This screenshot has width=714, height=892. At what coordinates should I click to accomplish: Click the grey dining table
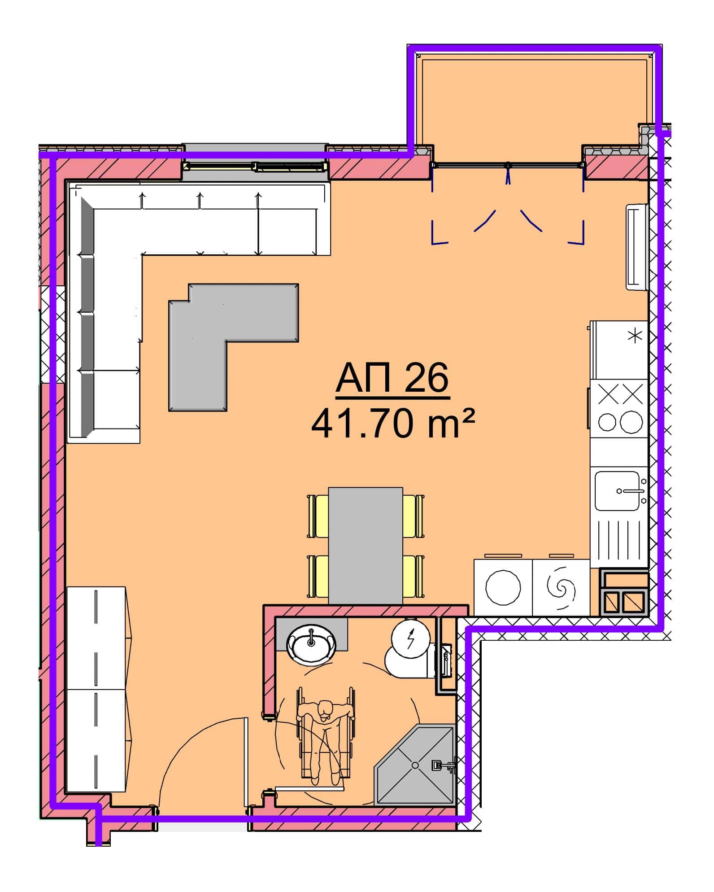366,546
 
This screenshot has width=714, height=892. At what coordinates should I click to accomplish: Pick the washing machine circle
503,587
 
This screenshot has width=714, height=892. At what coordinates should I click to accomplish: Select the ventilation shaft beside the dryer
624,592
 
